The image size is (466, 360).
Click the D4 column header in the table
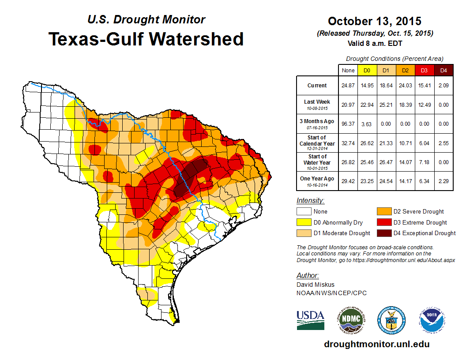pyautogui.click(x=443, y=70)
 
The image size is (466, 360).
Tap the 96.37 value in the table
pyautogui.click(x=348, y=124)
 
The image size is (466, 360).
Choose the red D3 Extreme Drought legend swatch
pyautogui.click(x=383, y=222)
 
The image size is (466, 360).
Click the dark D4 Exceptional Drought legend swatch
pyautogui.click(x=383, y=233)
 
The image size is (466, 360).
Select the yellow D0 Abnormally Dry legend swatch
pyautogui.click(x=304, y=222)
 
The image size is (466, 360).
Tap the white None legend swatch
pyautogui.click(x=304, y=212)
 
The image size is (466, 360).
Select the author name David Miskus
pyautogui.click(x=315, y=285)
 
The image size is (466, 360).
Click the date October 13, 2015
pyautogui.click(x=375, y=21)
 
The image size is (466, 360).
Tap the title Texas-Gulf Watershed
pyautogui.click(x=146, y=39)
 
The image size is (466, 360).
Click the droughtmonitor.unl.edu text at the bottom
pyautogui.click(x=376, y=344)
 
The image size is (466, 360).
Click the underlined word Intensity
pyautogui.click(x=311, y=201)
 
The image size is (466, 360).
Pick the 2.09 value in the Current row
pyautogui.click(x=443, y=86)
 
